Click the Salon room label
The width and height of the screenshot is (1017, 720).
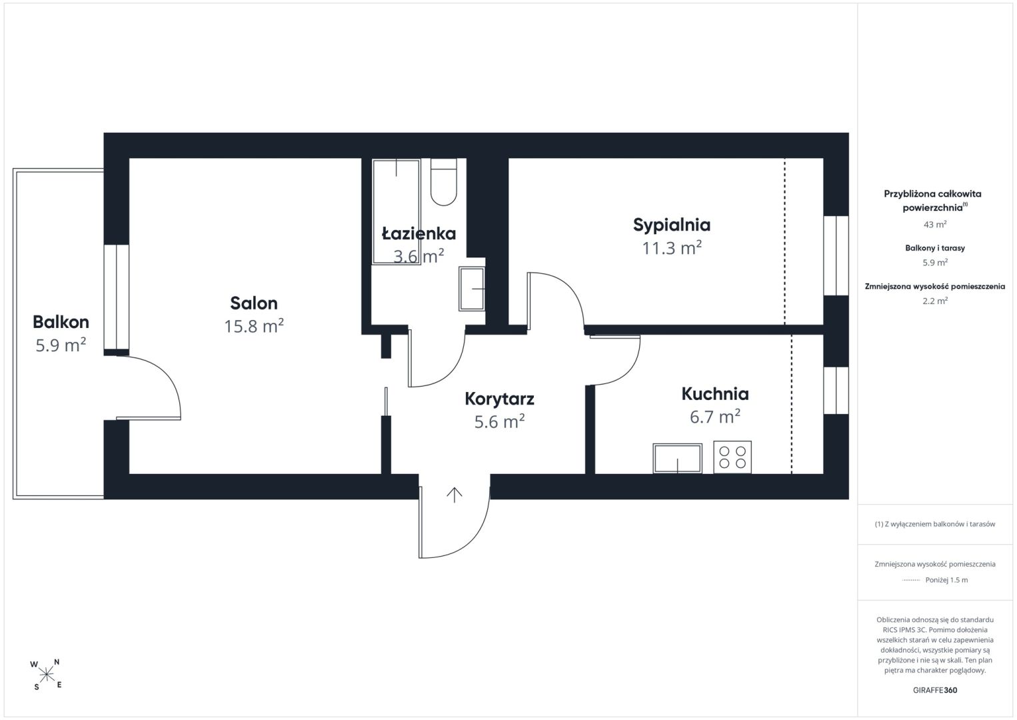254,303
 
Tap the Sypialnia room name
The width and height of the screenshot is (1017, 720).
672,225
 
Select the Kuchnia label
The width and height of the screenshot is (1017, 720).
715,394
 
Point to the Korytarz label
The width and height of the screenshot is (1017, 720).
499,399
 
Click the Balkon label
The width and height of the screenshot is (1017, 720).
61,322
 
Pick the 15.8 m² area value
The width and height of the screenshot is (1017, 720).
254,326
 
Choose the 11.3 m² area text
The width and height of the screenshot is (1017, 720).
672,248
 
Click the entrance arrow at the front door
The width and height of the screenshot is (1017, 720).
454,495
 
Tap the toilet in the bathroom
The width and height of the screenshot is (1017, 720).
443,182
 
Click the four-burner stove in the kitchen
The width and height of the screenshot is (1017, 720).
732,457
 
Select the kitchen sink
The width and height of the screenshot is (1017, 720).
677,459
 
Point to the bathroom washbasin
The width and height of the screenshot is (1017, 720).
472,289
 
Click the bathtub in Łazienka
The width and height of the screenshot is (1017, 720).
397,212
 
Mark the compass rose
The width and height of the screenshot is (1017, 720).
46,675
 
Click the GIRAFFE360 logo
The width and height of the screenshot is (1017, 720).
935,690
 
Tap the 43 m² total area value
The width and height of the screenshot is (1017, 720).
935,225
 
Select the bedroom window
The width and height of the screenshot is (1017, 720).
836,256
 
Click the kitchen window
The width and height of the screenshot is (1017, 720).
836,391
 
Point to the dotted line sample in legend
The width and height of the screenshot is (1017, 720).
911,580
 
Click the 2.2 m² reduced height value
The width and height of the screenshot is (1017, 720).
935,301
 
